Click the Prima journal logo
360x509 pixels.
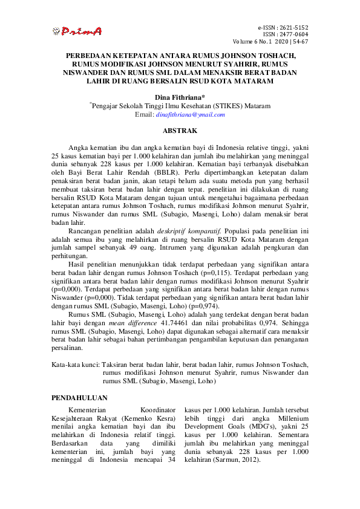coord(77,31)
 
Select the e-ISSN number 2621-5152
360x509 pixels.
coord(292,28)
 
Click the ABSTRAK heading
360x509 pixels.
coord(180,130)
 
